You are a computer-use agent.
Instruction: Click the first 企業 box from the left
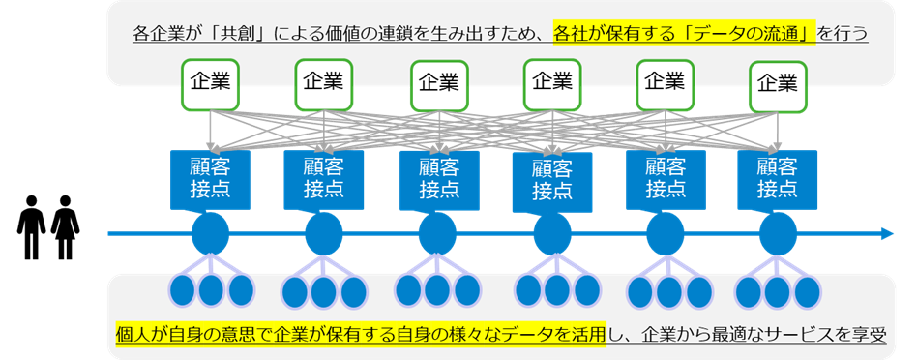point(210,83)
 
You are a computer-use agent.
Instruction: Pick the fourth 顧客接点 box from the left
point(551,179)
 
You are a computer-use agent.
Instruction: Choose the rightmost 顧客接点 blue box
point(780,178)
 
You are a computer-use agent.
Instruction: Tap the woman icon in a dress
point(66,227)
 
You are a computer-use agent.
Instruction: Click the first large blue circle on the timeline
point(210,233)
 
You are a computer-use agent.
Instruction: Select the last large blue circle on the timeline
point(779,233)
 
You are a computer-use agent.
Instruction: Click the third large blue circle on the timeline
point(438,233)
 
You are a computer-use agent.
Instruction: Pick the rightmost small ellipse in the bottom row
point(809,289)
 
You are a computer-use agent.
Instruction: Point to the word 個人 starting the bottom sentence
point(132,334)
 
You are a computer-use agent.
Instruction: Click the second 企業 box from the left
point(324,83)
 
